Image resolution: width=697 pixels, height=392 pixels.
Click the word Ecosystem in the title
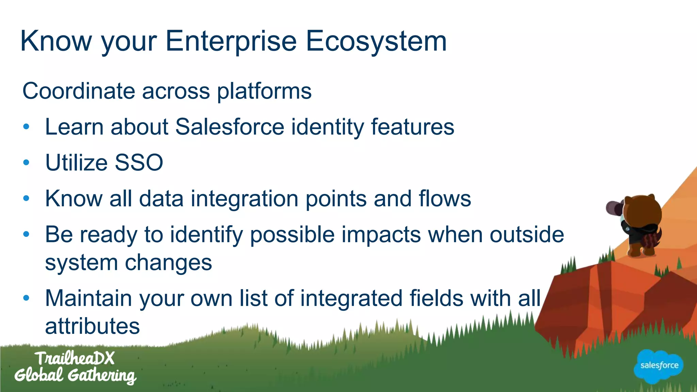[x=376, y=42]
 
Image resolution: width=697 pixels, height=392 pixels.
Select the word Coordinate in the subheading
[x=79, y=91]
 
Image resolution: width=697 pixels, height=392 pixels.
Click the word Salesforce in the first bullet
[x=230, y=127]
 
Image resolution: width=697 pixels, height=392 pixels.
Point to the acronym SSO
[x=139, y=163]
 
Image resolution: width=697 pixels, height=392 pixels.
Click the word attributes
[x=92, y=326]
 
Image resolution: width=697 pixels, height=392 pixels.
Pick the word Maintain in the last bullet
[x=88, y=298]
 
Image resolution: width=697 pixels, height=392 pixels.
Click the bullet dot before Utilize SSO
[x=27, y=163]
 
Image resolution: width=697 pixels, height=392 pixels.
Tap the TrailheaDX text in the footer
[x=75, y=358]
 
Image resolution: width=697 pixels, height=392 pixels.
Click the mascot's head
[x=642, y=211]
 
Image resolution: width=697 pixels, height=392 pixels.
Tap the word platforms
[x=264, y=91]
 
